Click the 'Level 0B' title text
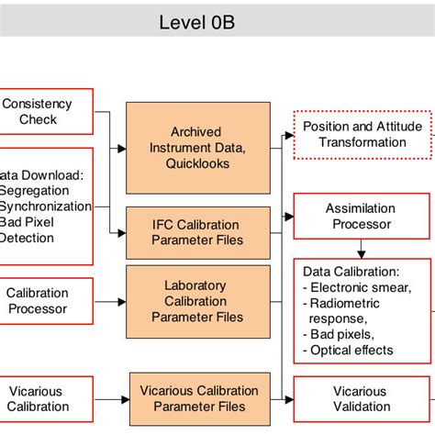pyautogui.click(x=196, y=21)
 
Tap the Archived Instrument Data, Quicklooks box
pyautogui.click(x=198, y=148)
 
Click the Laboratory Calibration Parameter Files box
pyautogui.click(x=198, y=301)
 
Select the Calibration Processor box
pyautogui.click(x=38, y=300)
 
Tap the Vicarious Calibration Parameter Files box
pyautogui.click(x=199, y=399)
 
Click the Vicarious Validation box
pyautogui.click(x=361, y=399)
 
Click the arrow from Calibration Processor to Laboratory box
pyautogui.click(x=109, y=301)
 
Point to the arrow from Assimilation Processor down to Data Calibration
pyautogui.click(x=362, y=247)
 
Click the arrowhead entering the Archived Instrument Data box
pyautogui.click(x=121, y=148)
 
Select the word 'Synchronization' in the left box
pyautogui.click(x=46, y=206)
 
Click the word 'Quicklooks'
pyautogui.click(x=198, y=164)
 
